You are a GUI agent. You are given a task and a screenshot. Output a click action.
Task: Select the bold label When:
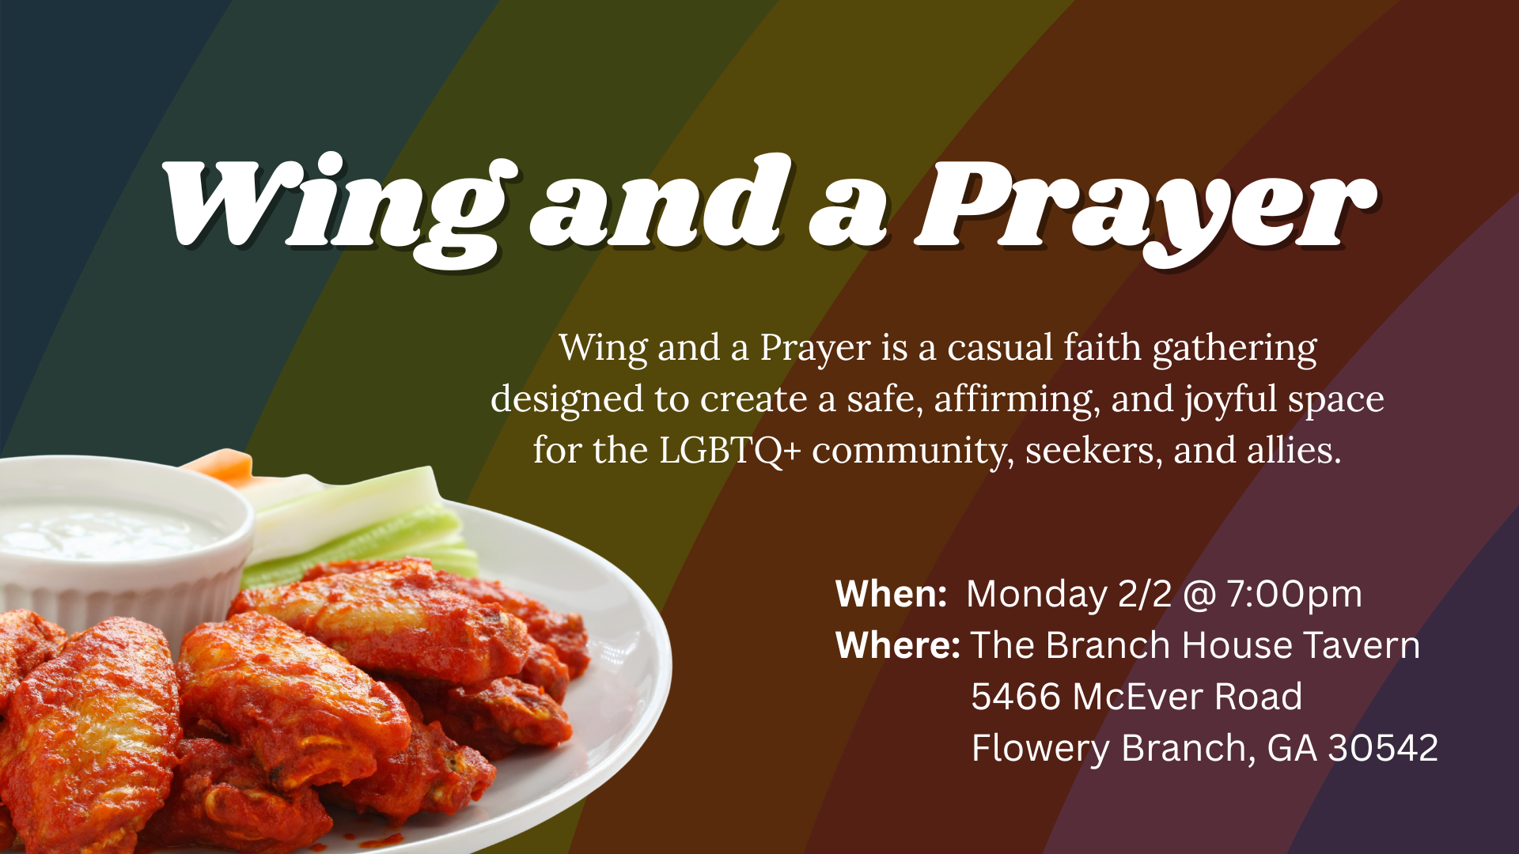point(891,594)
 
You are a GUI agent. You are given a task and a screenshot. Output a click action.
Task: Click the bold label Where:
point(898,645)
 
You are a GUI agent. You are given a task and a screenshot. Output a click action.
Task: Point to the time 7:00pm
point(1294,594)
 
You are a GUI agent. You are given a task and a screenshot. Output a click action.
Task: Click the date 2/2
point(1145,594)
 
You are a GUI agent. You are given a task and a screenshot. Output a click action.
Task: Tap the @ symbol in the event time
point(1199,595)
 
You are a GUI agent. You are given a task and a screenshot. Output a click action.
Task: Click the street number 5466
point(1017,697)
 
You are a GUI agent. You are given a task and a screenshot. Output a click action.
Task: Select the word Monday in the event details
point(1036,594)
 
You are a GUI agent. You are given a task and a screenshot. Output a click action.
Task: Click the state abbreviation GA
point(1292,748)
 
